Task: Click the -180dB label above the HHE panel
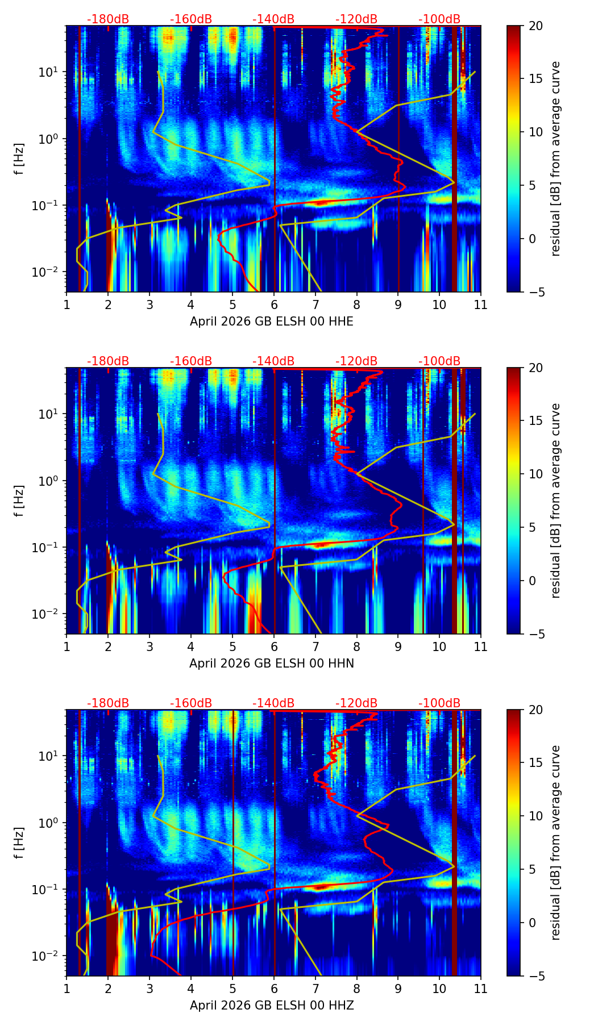tap(108, 19)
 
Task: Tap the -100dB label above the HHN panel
tap(439, 361)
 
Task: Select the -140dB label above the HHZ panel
tap(273, 703)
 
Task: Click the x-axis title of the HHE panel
tap(272, 322)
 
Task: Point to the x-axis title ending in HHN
tap(272, 664)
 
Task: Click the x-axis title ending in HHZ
tap(272, 1006)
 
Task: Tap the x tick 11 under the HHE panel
tap(481, 305)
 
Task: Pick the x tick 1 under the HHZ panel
tap(67, 989)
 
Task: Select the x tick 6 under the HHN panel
tap(274, 647)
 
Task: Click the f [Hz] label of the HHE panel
tap(19, 159)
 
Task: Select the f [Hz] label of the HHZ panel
tap(19, 843)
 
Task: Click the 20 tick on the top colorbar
tap(535, 26)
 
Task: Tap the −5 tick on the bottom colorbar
tap(535, 976)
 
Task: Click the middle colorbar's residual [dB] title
tap(556, 501)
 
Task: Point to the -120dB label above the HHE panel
tap(356, 19)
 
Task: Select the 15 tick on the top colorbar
tap(535, 79)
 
